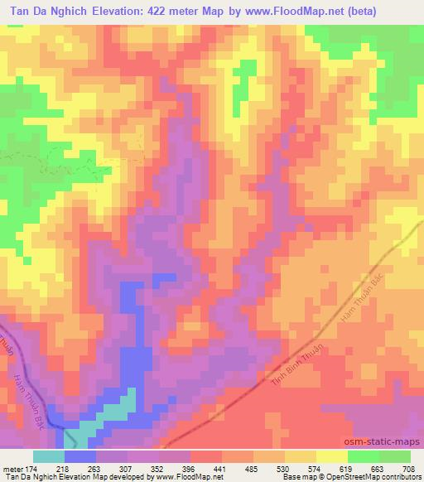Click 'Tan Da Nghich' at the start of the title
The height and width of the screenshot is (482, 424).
[47, 10]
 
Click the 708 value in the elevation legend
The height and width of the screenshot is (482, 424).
[409, 468]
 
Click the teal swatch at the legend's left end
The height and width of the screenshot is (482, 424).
[48, 456]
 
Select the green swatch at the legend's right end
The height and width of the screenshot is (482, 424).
[394, 456]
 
